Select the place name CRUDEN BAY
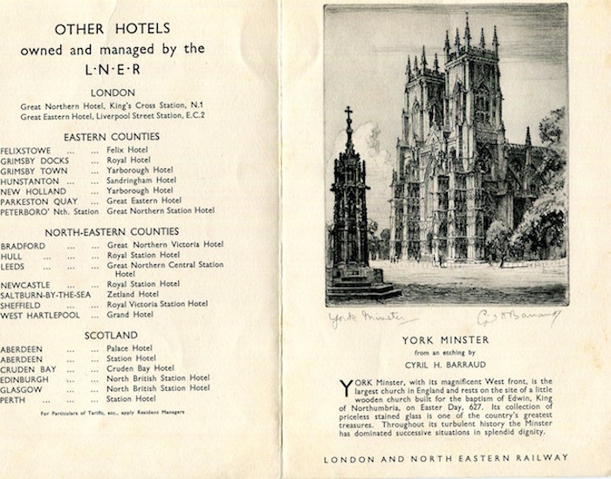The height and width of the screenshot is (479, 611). (29, 368)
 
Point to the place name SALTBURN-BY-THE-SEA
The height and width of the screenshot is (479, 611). (46, 294)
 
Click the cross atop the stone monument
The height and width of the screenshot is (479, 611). (348, 114)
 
